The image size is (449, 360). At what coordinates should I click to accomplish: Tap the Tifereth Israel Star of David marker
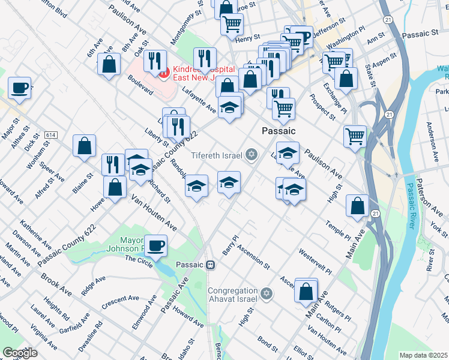click(252, 155)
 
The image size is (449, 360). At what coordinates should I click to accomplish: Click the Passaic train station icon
click(210, 265)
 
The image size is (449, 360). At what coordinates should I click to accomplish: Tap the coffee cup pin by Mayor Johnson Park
click(155, 245)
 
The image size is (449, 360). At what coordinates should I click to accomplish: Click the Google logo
click(20, 353)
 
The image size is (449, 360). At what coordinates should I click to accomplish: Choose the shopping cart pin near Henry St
click(231, 25)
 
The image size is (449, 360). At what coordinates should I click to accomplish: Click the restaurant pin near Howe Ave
click(113, 164)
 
